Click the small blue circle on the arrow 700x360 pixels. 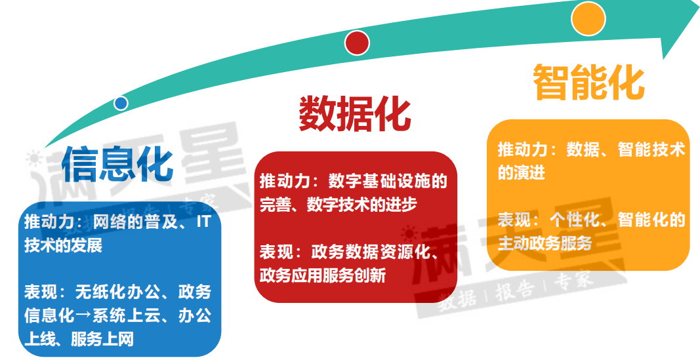point(121,103)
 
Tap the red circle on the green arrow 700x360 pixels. point(357,43)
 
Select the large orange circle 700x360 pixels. point(588,19)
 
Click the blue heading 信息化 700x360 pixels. point(117,165)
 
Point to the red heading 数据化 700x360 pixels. point(355,113)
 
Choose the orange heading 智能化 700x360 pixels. point(589,82)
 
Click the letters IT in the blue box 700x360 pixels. point(203,222)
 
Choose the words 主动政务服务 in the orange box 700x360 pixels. point(545,243)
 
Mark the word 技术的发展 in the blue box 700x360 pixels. point(64,245)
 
